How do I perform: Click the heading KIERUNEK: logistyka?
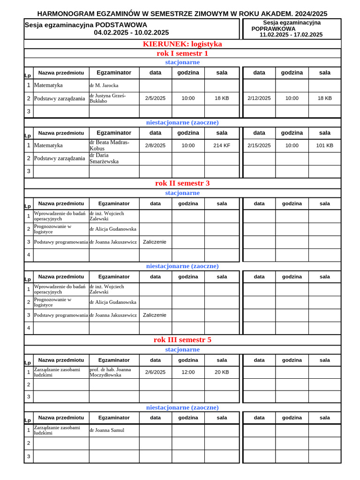click(x=182, y=44)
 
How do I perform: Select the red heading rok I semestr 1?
click(x=182, y=53)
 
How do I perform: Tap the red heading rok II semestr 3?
click(x=182, y=183)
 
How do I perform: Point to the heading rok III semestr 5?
click(x=182, y=340)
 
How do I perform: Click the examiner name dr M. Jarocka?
click(x=104, y=85)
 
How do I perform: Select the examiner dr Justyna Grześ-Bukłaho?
click(x=108, y=98)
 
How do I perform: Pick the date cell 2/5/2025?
click(x=155, y=98)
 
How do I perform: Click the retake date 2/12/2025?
click(x=259, y=98)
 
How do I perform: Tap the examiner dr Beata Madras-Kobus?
click(x=109, y=145)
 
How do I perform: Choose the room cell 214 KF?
click(x=222, y=145)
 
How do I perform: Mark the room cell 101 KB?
click(x=324, y=145)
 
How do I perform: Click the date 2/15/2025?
click(x=259, y=145)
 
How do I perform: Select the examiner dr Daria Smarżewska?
click(x=104, y=158)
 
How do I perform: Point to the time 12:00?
click(x=188, y=372)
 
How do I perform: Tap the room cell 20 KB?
click(x=222, y=372)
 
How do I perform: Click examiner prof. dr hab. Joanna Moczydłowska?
click(x=110, y=372)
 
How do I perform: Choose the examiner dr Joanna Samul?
click(x=107, y=430)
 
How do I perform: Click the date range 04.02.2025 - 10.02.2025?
click(x=131, y=32)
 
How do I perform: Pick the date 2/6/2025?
click(x=155, y=372)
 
